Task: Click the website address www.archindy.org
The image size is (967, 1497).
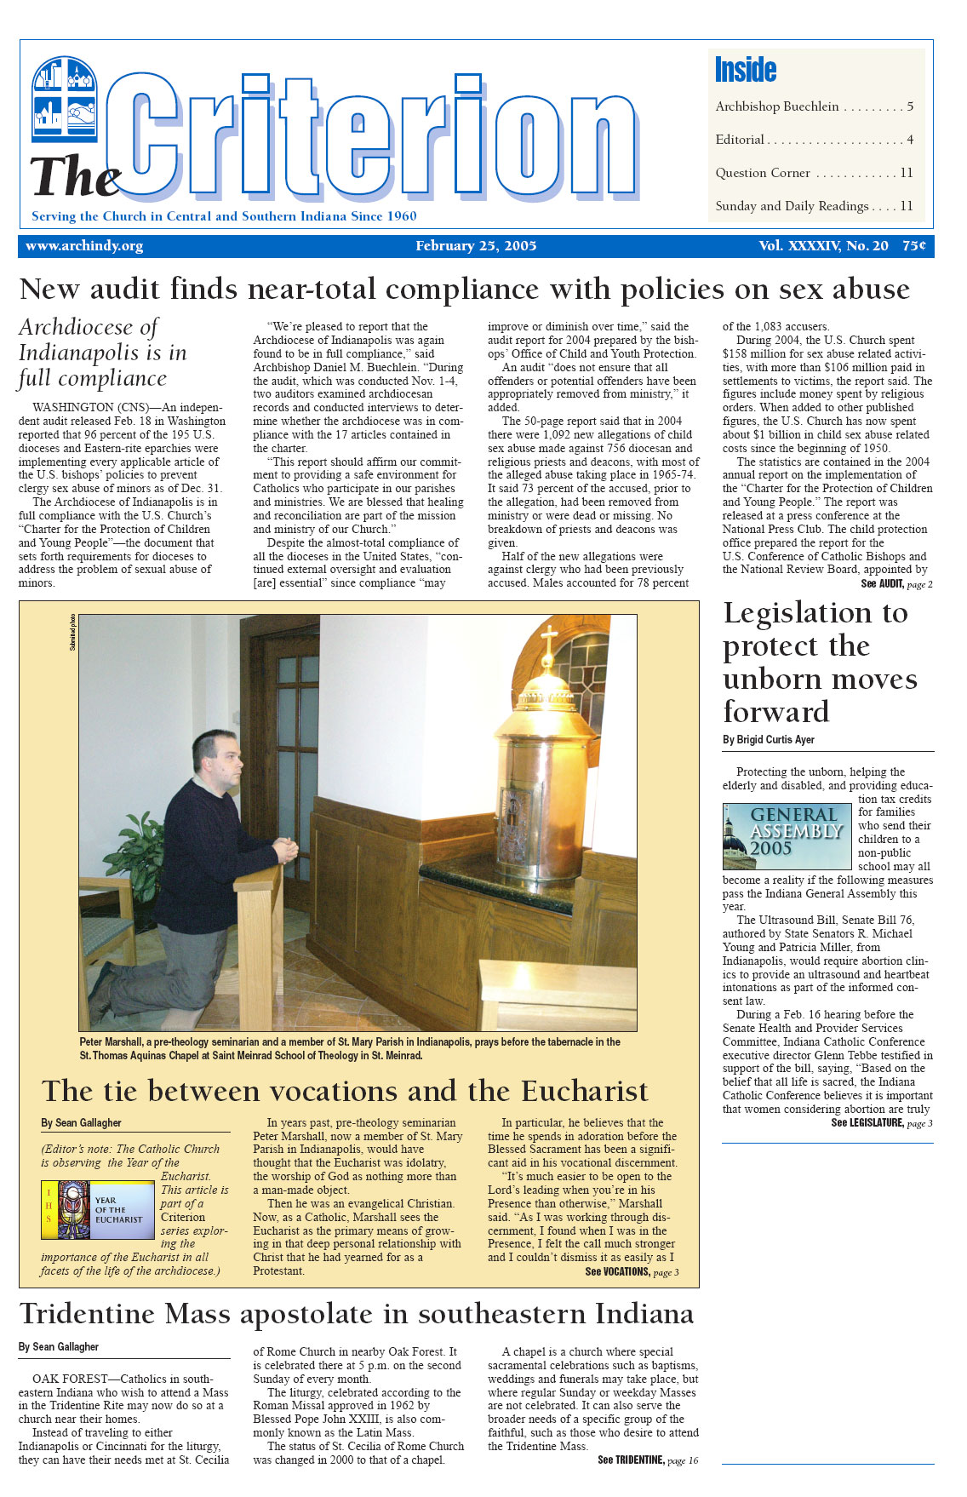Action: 84,246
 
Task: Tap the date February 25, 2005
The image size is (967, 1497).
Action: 476,246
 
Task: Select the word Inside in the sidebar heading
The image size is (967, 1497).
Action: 746,70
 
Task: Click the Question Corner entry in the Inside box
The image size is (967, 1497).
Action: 763,173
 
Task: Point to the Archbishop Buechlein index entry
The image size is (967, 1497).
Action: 777,106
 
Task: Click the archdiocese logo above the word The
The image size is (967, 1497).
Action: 65,98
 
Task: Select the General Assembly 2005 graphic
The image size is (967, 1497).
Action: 787,836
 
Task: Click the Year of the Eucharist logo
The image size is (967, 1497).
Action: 94,1209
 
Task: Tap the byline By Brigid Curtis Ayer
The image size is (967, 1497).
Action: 769,740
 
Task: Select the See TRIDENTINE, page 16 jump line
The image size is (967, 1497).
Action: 647,1460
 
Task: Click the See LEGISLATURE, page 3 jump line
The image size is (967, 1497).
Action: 882,1123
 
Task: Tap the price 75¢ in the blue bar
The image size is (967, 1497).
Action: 914,246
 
